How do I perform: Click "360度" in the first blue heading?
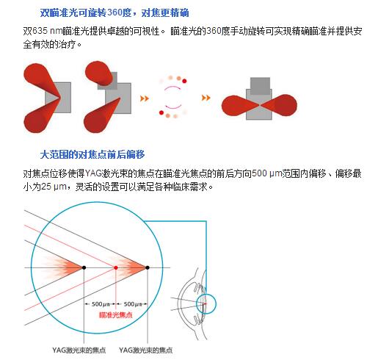pos(120,12)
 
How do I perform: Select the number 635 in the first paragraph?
pos(40,31)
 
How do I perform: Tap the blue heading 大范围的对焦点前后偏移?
pos(92,154)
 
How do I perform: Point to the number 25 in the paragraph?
pos(46,187)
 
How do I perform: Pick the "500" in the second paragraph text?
pos(259,173)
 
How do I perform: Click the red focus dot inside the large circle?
pos(116,267)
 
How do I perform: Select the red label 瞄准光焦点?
pos(116,315)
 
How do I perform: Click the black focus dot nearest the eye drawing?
pos(148,267)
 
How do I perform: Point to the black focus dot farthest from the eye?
pos(84,267)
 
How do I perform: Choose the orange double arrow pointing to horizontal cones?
pos(206,98)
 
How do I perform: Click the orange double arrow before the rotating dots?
pos(145,98)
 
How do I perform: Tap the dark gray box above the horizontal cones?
pos(260,86)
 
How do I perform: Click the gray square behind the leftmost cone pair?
pos(64,98)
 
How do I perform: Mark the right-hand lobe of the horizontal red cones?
pos(280,105)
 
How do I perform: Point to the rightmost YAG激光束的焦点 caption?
pos(146,350)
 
